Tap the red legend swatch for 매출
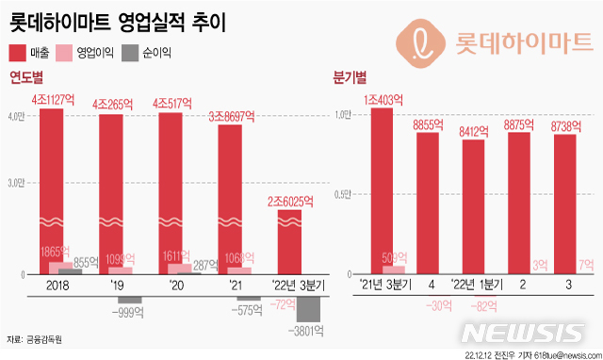point(17,53)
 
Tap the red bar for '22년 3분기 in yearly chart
point(290,240)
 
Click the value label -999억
point(129,312)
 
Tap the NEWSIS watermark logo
point(524,333)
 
